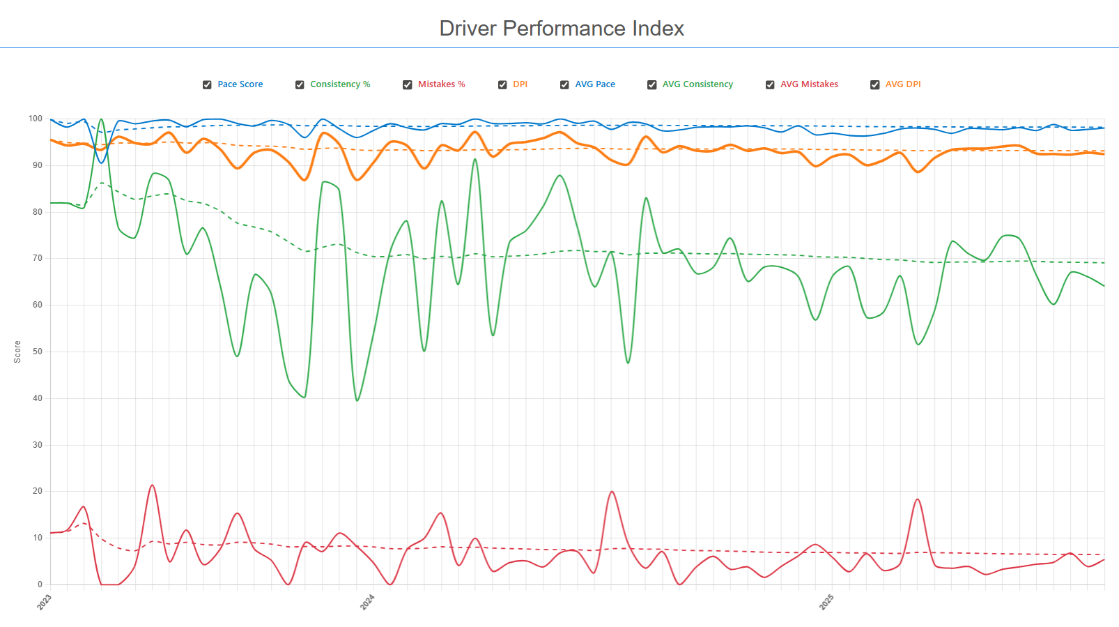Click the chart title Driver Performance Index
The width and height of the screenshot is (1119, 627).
coord(562,29)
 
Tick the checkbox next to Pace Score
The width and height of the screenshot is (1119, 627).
coord(207,84)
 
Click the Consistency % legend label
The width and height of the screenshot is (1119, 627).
coord(340,84)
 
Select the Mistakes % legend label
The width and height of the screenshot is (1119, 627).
coord(441,84)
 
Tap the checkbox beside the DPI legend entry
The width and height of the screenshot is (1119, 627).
coord(502,84)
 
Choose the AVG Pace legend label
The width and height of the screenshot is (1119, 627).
coord(595,84)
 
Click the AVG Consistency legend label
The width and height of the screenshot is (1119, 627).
coord(697,84)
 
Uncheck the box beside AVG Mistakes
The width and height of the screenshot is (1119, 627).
coord(770,84)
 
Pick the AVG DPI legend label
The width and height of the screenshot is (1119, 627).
coord(903,84)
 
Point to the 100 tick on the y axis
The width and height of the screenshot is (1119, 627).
coord(36,119)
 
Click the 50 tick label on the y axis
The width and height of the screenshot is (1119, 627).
coord(38,352)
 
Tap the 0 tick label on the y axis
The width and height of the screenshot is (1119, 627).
coord(40,584)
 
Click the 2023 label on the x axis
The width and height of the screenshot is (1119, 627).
coord(45,603)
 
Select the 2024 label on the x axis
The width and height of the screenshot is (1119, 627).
coord(367,603)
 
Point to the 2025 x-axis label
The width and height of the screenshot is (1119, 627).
coord(826,603)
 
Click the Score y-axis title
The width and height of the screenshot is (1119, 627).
coord(17,352)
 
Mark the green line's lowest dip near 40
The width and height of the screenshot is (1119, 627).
coord(357,400)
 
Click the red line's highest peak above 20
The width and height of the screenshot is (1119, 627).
coord(152,485)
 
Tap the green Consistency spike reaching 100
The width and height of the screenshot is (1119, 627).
coord(102,119)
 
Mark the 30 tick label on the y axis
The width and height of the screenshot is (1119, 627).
coord(38,445)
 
